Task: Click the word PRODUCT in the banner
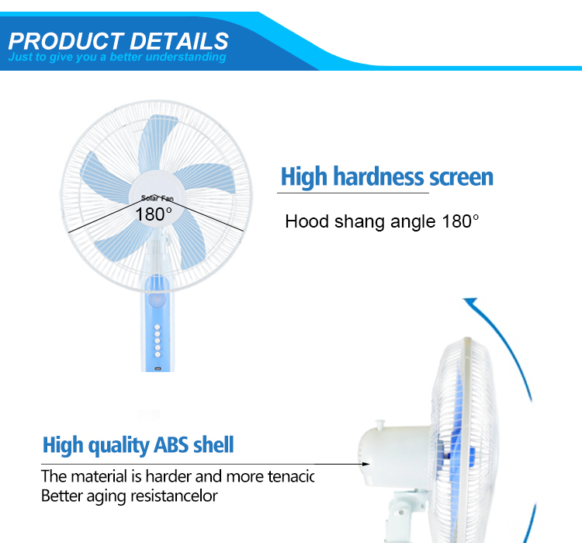[65, 40]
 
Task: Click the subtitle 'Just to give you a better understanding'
[117, 57]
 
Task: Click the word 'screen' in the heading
[461, 177]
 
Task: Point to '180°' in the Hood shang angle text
[461, 221]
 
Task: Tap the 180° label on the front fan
[154, 214]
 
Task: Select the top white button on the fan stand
[157, 329]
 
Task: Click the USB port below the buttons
[158, 366]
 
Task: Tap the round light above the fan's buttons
[158, 301]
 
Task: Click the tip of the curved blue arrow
[467, 300]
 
